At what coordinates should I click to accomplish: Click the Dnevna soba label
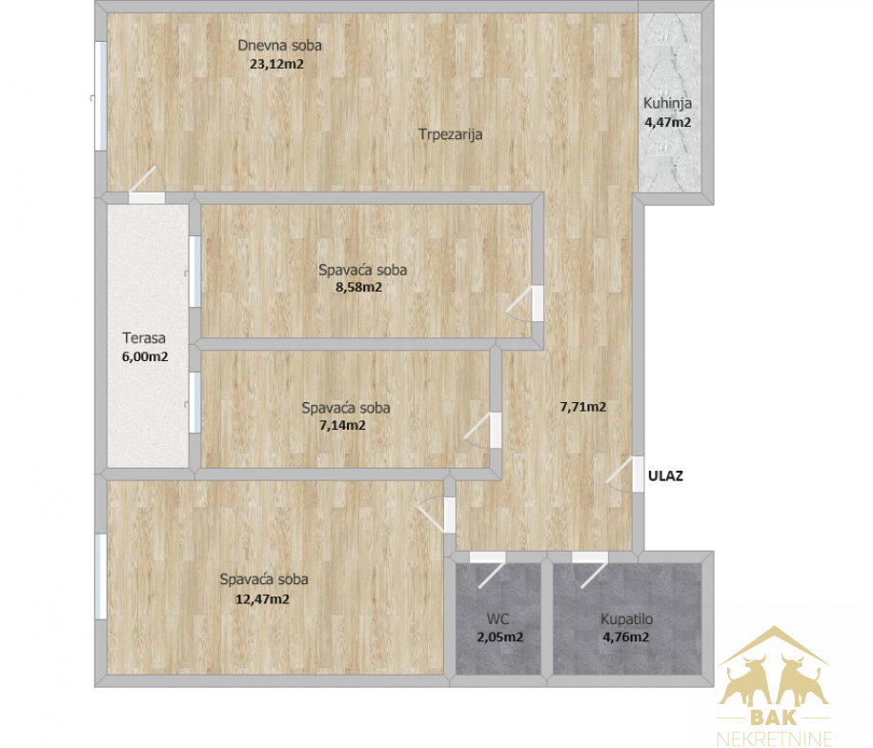[279, 46]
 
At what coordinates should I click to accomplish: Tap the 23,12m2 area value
[276, 64]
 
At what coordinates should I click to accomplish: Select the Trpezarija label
[451, 134]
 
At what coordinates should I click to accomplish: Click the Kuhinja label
[667, 104]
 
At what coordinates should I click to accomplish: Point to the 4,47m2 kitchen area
[667, 122]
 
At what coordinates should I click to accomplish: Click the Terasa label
[144, 338]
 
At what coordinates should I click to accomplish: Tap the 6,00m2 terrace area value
[145, 356]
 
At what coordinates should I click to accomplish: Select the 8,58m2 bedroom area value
[358, 288]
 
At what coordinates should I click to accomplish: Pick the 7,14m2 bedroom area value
[342, 426]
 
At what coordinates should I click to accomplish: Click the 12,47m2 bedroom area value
[262, 599]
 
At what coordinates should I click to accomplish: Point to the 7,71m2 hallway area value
[583, 407]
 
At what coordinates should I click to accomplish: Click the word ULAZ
[665, 475]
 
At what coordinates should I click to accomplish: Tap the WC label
[497, 618]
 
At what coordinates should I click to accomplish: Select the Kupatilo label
[626, 619]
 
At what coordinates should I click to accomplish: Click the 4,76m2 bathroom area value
[626, 637]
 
